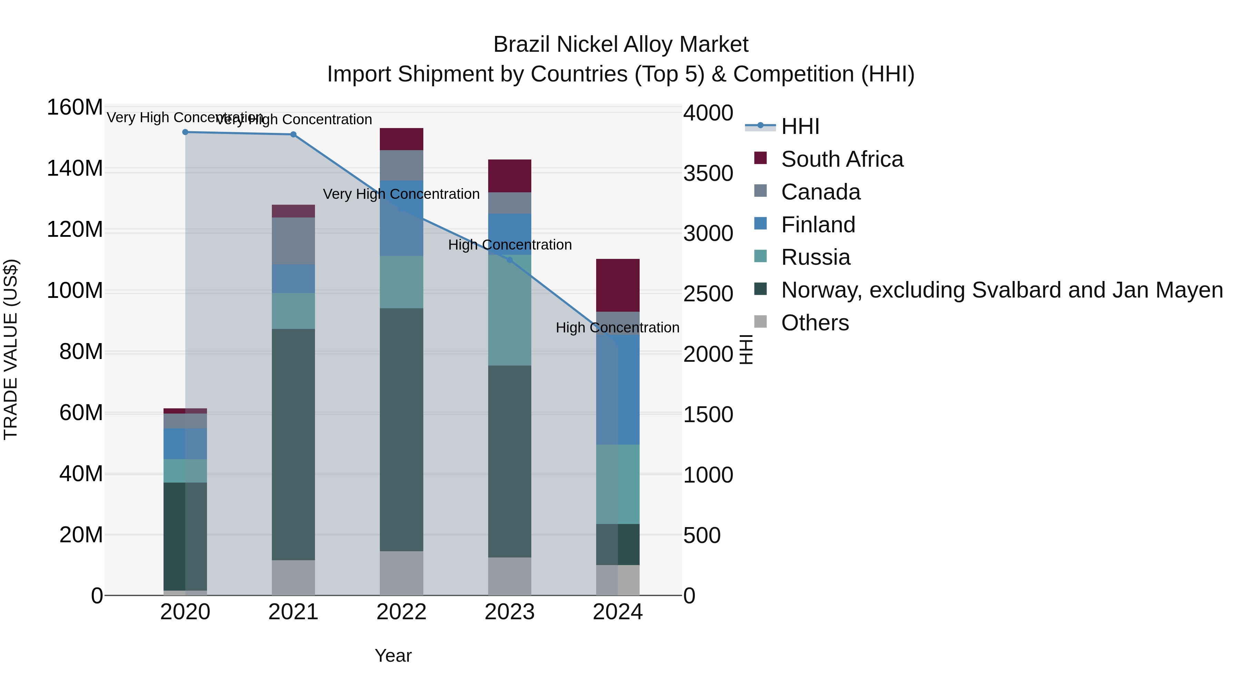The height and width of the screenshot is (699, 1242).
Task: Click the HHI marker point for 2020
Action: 185,132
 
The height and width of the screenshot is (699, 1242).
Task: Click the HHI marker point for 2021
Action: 293,135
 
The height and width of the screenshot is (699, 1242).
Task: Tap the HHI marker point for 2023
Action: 510,260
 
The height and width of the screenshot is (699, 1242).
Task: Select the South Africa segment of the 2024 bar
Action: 618,285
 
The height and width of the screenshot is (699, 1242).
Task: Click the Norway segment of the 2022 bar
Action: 401,429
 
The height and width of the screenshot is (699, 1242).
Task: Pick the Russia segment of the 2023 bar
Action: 510,310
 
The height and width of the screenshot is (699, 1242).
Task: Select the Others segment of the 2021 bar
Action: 293,577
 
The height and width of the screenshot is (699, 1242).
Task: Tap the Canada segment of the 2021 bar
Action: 293,241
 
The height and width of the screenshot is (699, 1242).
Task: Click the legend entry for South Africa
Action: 842,159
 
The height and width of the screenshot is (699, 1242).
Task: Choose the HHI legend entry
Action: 800,126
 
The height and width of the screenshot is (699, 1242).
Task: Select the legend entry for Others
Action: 815,323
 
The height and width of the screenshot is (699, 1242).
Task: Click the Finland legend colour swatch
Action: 760,223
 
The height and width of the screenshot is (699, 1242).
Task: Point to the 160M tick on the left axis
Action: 75,107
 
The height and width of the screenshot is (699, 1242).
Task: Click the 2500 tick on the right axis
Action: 708,294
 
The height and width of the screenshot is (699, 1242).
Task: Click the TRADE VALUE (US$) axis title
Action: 11,349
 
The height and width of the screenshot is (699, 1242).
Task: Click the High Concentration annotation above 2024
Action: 617,328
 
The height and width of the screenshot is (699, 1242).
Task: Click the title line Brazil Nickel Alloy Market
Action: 621,45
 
